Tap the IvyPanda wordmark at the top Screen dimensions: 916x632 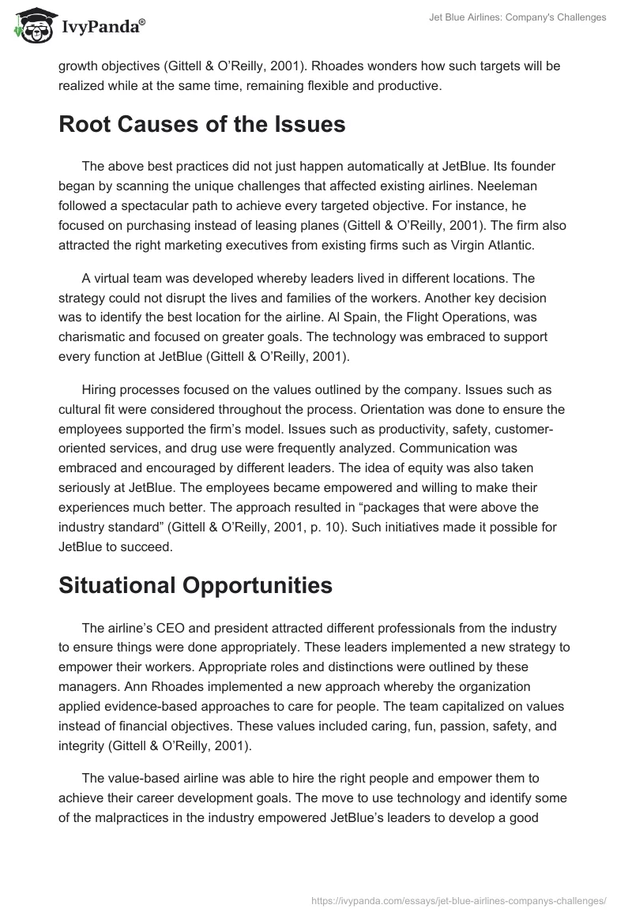pos(103,27)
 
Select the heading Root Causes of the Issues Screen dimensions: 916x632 pos(201,124)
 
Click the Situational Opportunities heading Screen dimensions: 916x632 pos(195,584)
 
